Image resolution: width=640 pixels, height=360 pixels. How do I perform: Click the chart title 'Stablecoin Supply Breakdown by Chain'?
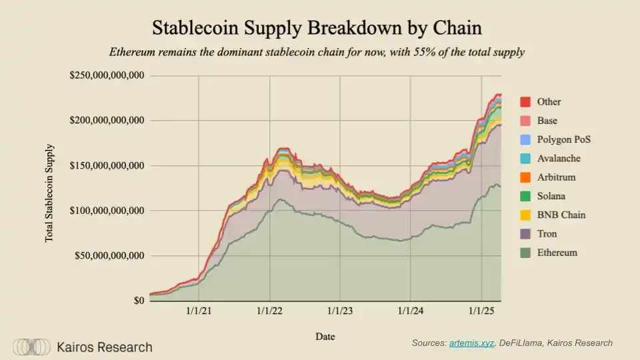coord(317,29)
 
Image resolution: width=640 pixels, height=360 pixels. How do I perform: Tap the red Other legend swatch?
coord(525,102)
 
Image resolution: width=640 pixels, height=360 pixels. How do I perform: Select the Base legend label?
coord(547,121)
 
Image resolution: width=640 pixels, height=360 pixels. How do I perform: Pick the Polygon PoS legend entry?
coord(563,140)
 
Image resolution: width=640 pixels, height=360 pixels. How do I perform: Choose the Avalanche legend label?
coord(558,159)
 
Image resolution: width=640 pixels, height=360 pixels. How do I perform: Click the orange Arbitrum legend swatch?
coord(525,178)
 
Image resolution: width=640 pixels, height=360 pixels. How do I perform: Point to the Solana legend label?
coord(552,197)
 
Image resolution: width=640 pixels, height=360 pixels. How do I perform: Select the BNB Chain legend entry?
coord(561,215)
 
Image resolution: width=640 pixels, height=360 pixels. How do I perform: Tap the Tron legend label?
coord(547,234)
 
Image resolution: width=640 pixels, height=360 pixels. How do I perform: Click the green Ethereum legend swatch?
coord(525,253)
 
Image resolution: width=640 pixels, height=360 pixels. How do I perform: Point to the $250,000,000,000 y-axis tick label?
coord(107,75)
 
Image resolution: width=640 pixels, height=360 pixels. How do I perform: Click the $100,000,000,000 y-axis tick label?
coord(107,211)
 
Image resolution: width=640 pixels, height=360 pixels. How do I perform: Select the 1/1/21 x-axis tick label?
coord(199,312)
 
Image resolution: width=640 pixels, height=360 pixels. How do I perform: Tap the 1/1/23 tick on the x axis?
coord(340,312)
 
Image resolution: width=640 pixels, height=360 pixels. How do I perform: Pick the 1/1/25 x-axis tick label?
coord(481,312)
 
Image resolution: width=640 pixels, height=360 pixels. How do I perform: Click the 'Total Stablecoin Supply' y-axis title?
coord(50,193)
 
